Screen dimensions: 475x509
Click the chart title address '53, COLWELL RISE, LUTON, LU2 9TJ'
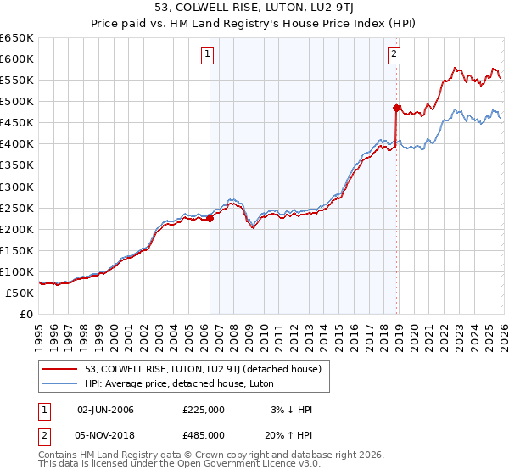[x=254, y=8]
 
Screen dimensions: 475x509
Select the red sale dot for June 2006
[x=210, y=218]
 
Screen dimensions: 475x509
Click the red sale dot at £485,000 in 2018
[x=396, y=108]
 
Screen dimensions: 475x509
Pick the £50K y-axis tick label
[x=20, y=293]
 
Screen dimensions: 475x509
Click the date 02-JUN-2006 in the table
[x=105, y=410]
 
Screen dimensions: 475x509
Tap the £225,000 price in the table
[x=203, y=410]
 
